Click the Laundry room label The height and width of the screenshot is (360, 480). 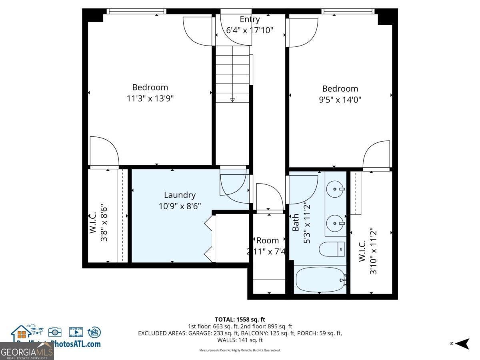click(180, 195)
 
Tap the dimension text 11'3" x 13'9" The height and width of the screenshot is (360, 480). click(150, 98)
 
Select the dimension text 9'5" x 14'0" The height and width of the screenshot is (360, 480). click(340, 100)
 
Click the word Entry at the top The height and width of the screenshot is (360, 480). click(250, 19)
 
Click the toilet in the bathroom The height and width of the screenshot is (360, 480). click(332, 249)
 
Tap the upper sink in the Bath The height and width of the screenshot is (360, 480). click(335, 188)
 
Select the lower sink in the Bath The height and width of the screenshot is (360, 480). click(335, 222)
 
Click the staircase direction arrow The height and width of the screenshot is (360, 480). click(232, 100)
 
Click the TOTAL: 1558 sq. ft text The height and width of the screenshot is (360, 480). click(240, 319)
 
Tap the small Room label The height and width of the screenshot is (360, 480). click(268, 240)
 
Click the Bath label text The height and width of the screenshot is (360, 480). click(296, 223)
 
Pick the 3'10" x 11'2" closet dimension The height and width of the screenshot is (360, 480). click(373, 251)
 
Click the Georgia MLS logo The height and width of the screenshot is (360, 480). click(27, 352)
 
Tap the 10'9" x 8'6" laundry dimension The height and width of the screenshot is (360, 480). click(180, 206)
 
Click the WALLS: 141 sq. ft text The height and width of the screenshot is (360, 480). click(240, 340)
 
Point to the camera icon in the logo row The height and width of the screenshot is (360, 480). click(55, 332)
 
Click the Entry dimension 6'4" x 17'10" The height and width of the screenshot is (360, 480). click(250, 30)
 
